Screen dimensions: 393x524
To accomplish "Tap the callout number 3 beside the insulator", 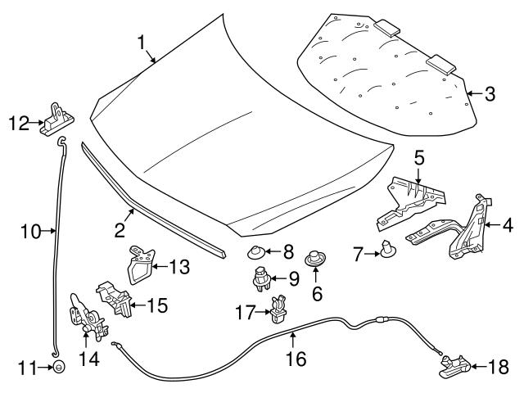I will tap(489, 94).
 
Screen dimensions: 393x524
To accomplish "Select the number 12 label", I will tap(18, 124).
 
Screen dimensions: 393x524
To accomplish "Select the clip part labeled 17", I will tap(278, 311).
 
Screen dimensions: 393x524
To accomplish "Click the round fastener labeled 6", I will tap(314, 261).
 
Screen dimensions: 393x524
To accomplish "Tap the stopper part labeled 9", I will tap(260, 278).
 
